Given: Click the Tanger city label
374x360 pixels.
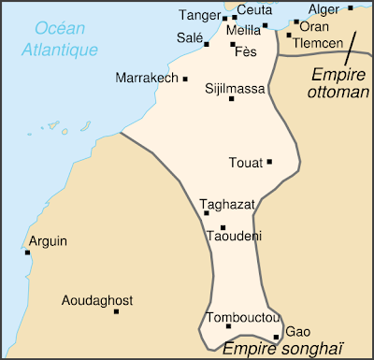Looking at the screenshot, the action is [199, 15].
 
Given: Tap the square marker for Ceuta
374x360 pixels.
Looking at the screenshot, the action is [234, 17].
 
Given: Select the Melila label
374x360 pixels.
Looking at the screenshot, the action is [243, 30].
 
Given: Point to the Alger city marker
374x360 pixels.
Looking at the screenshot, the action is [351, 8].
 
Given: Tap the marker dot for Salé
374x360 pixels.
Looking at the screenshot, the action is [207, 43].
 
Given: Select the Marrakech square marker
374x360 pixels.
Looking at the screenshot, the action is [186, 79].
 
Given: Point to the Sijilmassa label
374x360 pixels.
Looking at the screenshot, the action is [236, 89].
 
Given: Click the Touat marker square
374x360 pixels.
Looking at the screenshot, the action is [269, 162].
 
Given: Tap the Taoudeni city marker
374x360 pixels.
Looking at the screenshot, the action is [223, 227].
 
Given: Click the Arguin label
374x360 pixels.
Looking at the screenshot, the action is [48, 241].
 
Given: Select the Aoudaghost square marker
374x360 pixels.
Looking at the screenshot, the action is [117, 311].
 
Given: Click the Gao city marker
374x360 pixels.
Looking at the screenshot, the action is [276, 338].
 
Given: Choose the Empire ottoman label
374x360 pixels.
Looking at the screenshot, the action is [338, 82].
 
